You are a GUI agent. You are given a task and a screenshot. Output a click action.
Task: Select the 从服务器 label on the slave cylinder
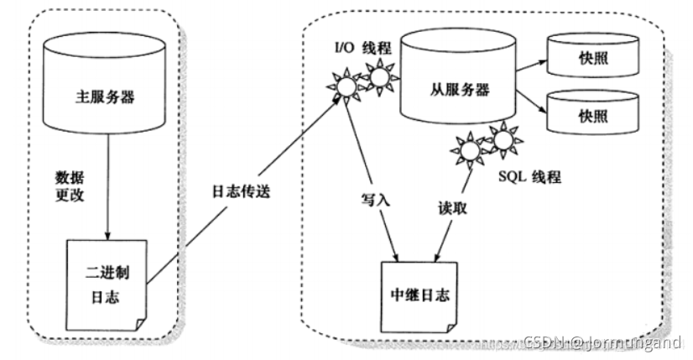458,88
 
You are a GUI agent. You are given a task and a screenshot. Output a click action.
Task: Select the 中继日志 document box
419,295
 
